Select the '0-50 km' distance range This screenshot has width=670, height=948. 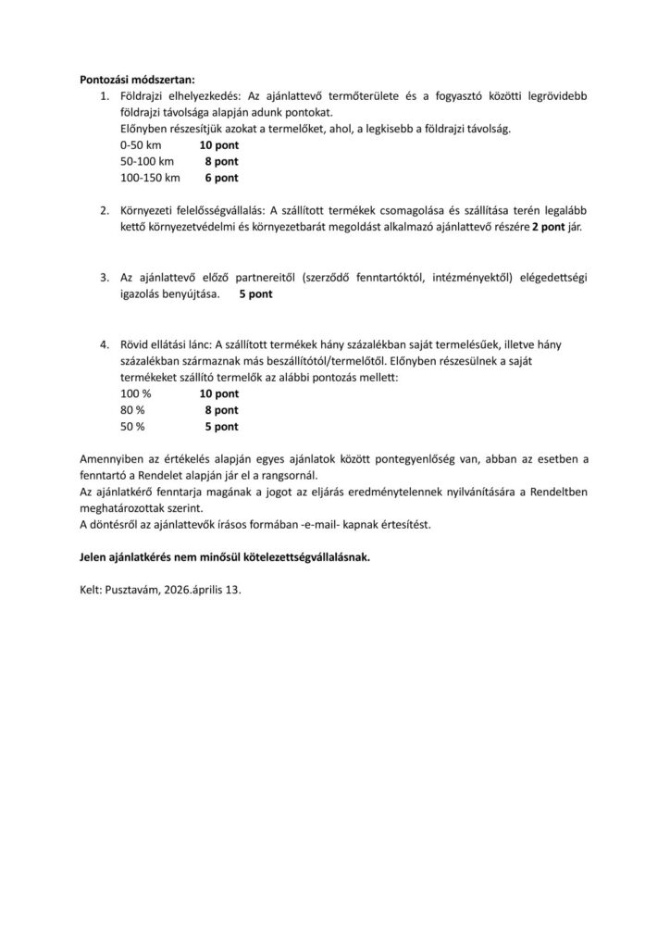pos(141,145)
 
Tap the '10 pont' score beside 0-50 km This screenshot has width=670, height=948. pos(218,145)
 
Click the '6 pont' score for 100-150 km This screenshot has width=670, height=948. pos(221,177)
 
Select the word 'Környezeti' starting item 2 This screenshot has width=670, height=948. pos(148,210)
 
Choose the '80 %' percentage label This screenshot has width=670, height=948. pos(132,409)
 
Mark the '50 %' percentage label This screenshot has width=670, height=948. pos(132,426)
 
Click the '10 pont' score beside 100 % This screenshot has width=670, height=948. pos(218,393)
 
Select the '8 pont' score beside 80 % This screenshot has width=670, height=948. pos(221,409)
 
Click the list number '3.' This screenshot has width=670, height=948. pos(105,277)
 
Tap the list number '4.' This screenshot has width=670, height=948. pos(105,344)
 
